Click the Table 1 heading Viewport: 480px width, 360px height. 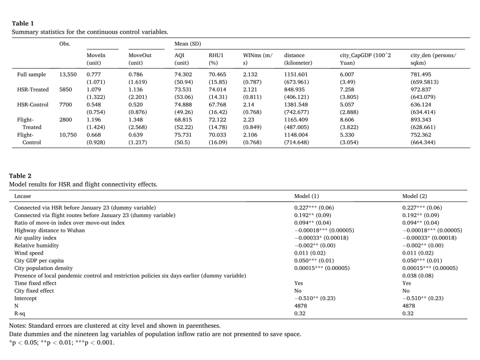[23, 23]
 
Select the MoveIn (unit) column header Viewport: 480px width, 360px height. [96, 59]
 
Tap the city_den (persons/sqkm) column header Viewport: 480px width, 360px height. [433, 59]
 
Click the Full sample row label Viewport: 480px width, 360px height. [31, 75]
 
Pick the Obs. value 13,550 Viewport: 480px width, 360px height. [68, 75]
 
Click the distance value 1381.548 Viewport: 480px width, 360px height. [297, 105]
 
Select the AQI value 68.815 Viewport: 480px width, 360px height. [183, 120]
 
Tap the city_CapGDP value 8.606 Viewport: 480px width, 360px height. [347, 120]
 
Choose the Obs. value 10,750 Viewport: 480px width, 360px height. [68, 135]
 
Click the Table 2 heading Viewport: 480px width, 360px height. [20, 176]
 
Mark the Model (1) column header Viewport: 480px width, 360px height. [306, 196]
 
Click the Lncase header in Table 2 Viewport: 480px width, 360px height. [22, 196]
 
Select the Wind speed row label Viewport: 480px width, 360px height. [29, 253]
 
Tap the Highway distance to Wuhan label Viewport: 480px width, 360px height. [50, 230]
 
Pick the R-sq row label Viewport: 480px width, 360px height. [20, 313]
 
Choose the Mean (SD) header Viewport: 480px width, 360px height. [187, 44]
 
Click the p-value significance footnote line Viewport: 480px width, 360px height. [61, 342]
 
